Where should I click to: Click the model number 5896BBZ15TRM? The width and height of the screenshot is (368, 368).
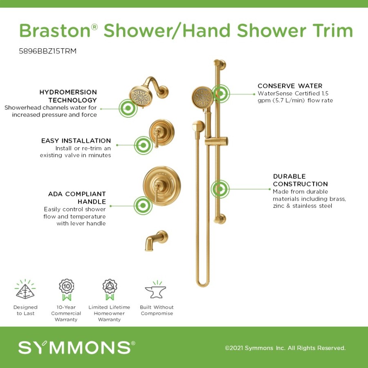click(x=48, y=51)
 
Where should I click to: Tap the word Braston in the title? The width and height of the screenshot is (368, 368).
click(x=55, y=31)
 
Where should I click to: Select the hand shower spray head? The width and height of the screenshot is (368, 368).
click(x=202, y=97)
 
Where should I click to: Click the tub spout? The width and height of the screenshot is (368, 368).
click(x=156, y=240)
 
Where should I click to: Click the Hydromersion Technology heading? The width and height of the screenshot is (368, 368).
click(x=68, y=96)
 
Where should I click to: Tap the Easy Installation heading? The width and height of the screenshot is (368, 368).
click(x=76, y=141)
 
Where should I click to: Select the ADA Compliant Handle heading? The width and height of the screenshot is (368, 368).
click(x=77, y=197)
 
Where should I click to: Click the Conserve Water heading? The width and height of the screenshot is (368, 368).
click(x=290, y=86)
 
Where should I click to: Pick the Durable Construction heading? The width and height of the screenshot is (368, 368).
click(x=300, y=180)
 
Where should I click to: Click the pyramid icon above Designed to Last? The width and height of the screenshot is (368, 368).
click(x=25, y=289)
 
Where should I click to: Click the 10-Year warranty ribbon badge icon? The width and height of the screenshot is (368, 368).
click(x=66, y=289)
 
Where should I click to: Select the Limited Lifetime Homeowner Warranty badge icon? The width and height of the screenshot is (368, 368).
click(x=110, y=289)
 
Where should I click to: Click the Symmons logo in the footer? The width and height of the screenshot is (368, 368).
click(x=77, y=347)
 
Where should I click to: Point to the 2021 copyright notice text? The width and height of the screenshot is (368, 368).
click(x=285, y=348)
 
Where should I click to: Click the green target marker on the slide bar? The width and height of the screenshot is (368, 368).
click(x=220, y=189)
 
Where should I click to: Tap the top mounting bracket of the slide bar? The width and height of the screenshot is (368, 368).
click(x=220, y=64)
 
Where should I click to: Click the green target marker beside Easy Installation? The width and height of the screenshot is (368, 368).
click(x=144, y=145)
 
